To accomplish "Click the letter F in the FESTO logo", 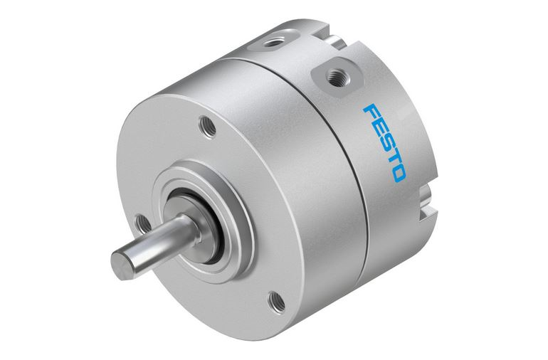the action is pos(372,112).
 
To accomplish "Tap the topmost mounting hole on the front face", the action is pos(208,126).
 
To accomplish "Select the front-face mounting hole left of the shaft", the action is pos(142,223).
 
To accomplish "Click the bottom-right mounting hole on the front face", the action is pos(276,302).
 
